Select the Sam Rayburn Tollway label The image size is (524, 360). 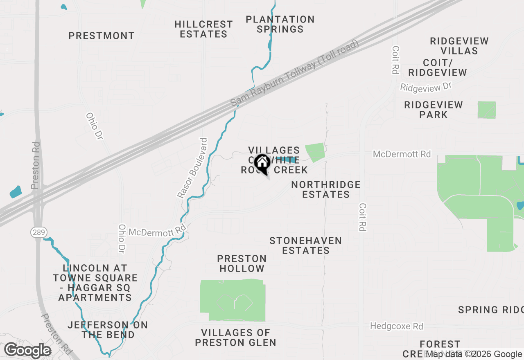(295, 73)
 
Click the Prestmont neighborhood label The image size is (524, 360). (102, 36)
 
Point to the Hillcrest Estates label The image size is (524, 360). (203, 29)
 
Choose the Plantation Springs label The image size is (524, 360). (280, 25)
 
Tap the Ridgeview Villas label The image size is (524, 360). (459, 46)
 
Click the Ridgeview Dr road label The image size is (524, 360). (426, 87)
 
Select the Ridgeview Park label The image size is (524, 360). (434, 110)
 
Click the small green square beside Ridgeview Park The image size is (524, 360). (487, 110)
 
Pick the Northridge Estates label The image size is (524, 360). (326, 190)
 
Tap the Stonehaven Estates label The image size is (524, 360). (306, 245)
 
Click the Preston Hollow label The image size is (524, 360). (242, 264)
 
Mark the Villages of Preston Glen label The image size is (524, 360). (235, 337)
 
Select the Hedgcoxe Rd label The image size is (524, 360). (396, 326)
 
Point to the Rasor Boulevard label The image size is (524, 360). (192, 168)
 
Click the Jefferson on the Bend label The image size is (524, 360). (108, 330)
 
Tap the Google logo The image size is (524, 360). (28, 351)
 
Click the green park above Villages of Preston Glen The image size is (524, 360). (233, 300)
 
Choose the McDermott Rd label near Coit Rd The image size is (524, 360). (402, 154)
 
